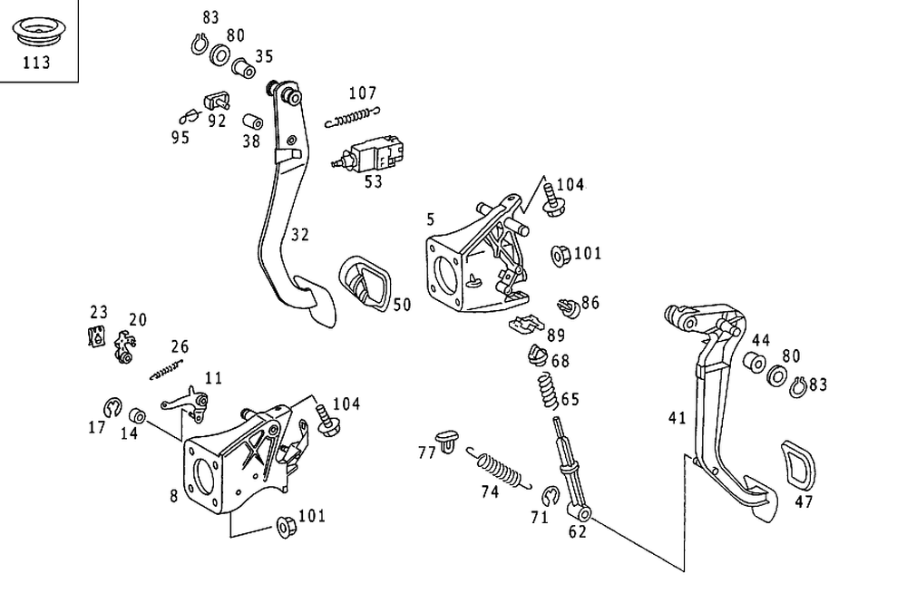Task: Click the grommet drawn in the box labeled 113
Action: click(37, 34)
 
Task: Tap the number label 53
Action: click(373, 181)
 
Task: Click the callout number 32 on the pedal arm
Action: click(300, 235)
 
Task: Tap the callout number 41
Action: click(677, 418)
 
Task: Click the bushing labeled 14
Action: click(138, 416)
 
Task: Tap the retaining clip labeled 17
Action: click(111, 405)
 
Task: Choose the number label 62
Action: click(578, 532)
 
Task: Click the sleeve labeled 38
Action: click(252, 122)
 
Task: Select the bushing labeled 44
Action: click(753, 364)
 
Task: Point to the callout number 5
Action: click(431, 219)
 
